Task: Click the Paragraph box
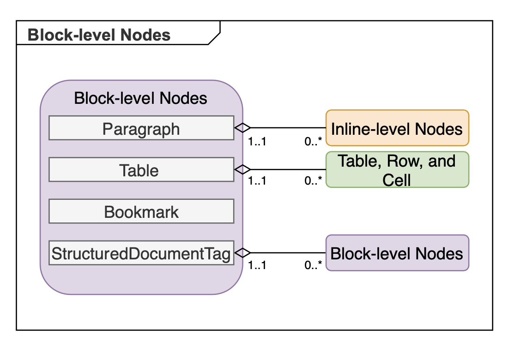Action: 141,128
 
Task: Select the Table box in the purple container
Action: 141,170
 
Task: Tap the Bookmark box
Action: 141,212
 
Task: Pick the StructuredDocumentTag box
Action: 141,253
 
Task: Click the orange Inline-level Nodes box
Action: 397,128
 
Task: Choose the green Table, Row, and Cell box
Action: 397,169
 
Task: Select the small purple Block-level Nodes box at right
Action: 397,253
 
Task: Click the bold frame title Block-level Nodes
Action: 99,35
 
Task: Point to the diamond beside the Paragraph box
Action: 242,128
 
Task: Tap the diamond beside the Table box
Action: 242,169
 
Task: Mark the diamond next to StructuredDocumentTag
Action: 242,252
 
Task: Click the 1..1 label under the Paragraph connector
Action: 257,141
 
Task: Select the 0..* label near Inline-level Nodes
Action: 313,141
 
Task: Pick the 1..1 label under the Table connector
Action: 257,180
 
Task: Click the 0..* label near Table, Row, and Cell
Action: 313,180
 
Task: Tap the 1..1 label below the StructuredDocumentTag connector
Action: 257,265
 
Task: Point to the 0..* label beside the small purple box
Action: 313,265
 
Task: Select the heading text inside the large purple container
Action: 140,98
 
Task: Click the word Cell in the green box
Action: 397,180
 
